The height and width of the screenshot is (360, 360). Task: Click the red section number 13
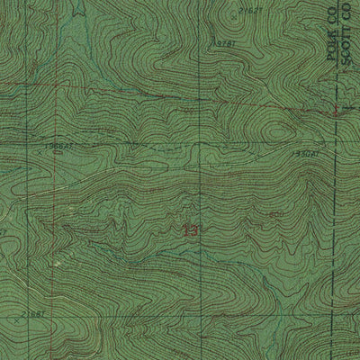pos(189,231)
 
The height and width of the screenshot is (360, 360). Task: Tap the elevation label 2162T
pos(250,10)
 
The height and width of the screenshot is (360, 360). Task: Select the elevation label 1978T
pos(228,43)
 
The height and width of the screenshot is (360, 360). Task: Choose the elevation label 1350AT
pos(305,154)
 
